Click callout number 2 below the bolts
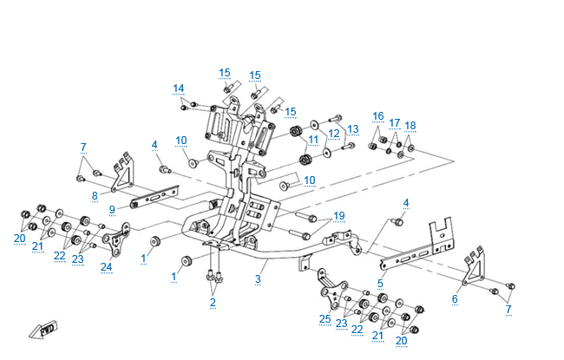pyautogui.click(x=212, y=302)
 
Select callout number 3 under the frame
pyautogui.click(x=258, y=278)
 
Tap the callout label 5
pyautogui.click(x=380, y=282)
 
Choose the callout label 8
pyautogui.click(x=95, y=196)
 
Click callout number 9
pyautogui.click(x=112, y=209)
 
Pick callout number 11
pyautogui.click(x=313, y=139)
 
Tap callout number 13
pyautogui.click(x=352, y=128)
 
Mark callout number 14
pyautogui.click(x=179, y=88)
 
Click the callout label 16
pyautogui.click(x=378, y=115)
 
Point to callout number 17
pyautogui.click(x=395, y=122)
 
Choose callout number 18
pyautogui.click(x=410, y=126)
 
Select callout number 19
pyautogui.click(x=339, y=215)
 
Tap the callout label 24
pyautogui.click(x=106, y=266)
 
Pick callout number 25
pyautogui.click(x=325, y=319)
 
